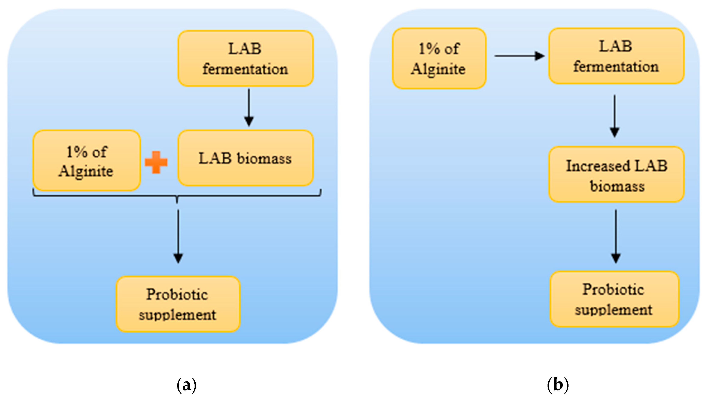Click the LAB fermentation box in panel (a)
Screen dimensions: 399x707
245,59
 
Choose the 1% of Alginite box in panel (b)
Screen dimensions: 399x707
439,59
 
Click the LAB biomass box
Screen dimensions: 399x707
245,158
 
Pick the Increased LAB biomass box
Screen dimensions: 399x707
616,175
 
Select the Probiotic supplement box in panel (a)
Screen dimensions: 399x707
178,304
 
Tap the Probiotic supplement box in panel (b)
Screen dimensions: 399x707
614,299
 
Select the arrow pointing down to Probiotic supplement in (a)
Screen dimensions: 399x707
178,236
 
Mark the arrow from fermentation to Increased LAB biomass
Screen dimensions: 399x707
614,116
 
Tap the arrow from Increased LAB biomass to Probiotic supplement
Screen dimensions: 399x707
616,236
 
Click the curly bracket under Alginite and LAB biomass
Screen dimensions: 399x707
177,196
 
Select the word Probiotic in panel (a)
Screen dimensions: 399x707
177,294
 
